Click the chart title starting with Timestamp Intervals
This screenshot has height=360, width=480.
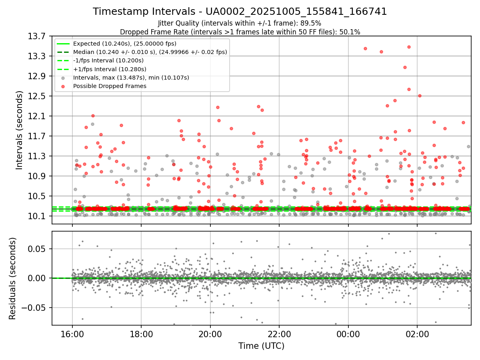pyautogui.click(x=240, y=12)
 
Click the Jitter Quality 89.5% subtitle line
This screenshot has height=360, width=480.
pyautogui.click(x=240, y=23)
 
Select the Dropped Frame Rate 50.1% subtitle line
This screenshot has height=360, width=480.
pyautogui.click(x=240, y=32)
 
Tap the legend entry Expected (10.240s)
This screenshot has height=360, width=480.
pyautogui.click(x=124, y=44)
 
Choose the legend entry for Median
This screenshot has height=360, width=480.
pyautogui.click(x=150, y=52)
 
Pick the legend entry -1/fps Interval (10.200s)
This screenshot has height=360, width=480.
pyautogui.click(x=108, y=60)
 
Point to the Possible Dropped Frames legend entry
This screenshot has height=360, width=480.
pyautogui.click(x=110, y=86)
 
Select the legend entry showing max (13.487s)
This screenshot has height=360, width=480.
pyautogui.click(x=131, y=78)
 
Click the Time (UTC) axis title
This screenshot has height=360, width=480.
pyautogui.click(x=261, y=346)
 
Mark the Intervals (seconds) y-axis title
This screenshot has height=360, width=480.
pyautogui.click(x=20, y=130)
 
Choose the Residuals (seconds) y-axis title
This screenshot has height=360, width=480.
pyautogui.click(x=13, y=278)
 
